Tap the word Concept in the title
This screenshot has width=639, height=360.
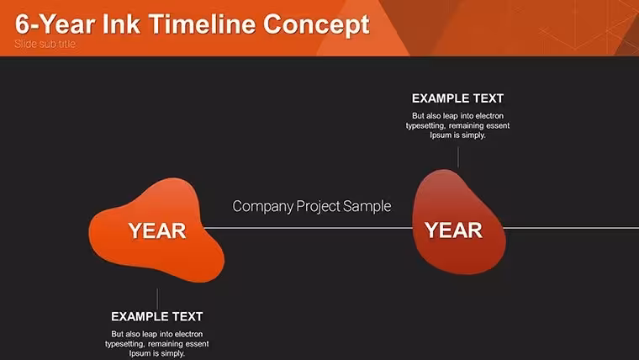point(316,25)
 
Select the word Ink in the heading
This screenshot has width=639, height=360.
point(121,24)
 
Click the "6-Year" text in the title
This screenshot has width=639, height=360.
point(55,25)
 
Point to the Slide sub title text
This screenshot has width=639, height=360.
point(45,44)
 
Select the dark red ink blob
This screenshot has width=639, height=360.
point(458,222)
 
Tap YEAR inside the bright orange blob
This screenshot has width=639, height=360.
point(157,231)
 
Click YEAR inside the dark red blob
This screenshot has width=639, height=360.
point(453,230)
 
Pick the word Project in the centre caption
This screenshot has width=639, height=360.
point(319,207)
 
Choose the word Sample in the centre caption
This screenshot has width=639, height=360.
point(367,206)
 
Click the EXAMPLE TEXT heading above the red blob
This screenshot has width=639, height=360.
point(457,98)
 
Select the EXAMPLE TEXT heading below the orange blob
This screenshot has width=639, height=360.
point(157,317)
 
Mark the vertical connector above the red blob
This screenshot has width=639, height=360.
point(458,157)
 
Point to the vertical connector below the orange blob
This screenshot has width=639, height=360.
point(157,299)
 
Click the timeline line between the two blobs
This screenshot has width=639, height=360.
point(308,228)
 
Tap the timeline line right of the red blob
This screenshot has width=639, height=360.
point(572,228)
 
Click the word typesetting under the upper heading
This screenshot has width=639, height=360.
point(425,126)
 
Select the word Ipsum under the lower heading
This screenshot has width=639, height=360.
point(140,353)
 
